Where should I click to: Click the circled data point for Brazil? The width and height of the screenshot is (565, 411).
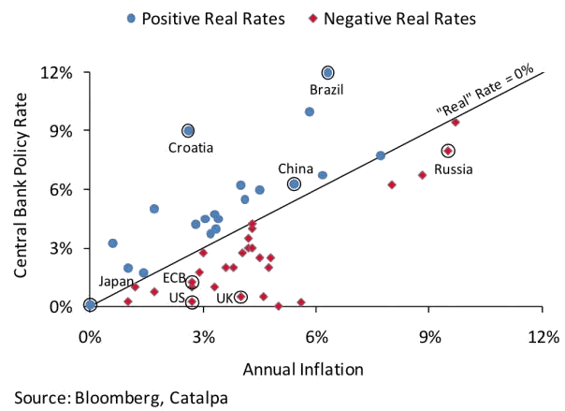click(328, 72)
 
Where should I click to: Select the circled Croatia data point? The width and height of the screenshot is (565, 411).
click(188, 131)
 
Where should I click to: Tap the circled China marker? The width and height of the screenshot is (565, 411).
click(294, 184)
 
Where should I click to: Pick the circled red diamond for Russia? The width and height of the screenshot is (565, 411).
click(448, 150)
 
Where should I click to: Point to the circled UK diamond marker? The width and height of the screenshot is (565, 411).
click(240, 296)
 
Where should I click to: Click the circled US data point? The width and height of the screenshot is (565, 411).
click(192, 301)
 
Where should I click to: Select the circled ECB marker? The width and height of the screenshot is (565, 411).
click(192, 282)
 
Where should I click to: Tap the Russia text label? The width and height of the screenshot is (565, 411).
click(454, 169)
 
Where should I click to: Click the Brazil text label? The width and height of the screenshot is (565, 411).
click(327, 90)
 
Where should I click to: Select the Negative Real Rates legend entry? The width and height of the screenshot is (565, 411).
click(393, 19)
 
